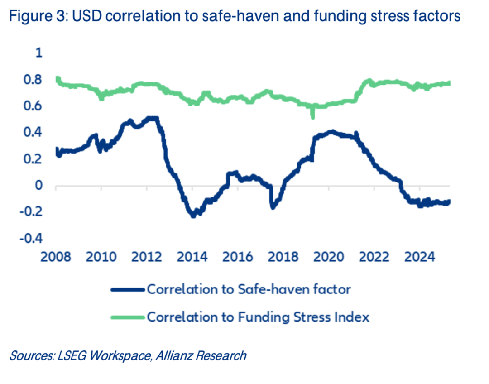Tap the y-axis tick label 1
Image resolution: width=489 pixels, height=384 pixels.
38,53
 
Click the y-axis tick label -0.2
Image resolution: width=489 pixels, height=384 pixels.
31,212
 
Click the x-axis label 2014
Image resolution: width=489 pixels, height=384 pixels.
192,257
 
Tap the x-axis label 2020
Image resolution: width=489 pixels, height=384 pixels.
329,257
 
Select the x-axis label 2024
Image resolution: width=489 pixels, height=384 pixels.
420,257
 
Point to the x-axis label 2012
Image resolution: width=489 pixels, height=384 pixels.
147,257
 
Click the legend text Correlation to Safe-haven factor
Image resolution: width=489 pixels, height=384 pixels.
249,289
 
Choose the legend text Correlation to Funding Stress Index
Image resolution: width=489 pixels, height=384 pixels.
258,317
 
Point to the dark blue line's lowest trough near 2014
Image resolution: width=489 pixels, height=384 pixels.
193,216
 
